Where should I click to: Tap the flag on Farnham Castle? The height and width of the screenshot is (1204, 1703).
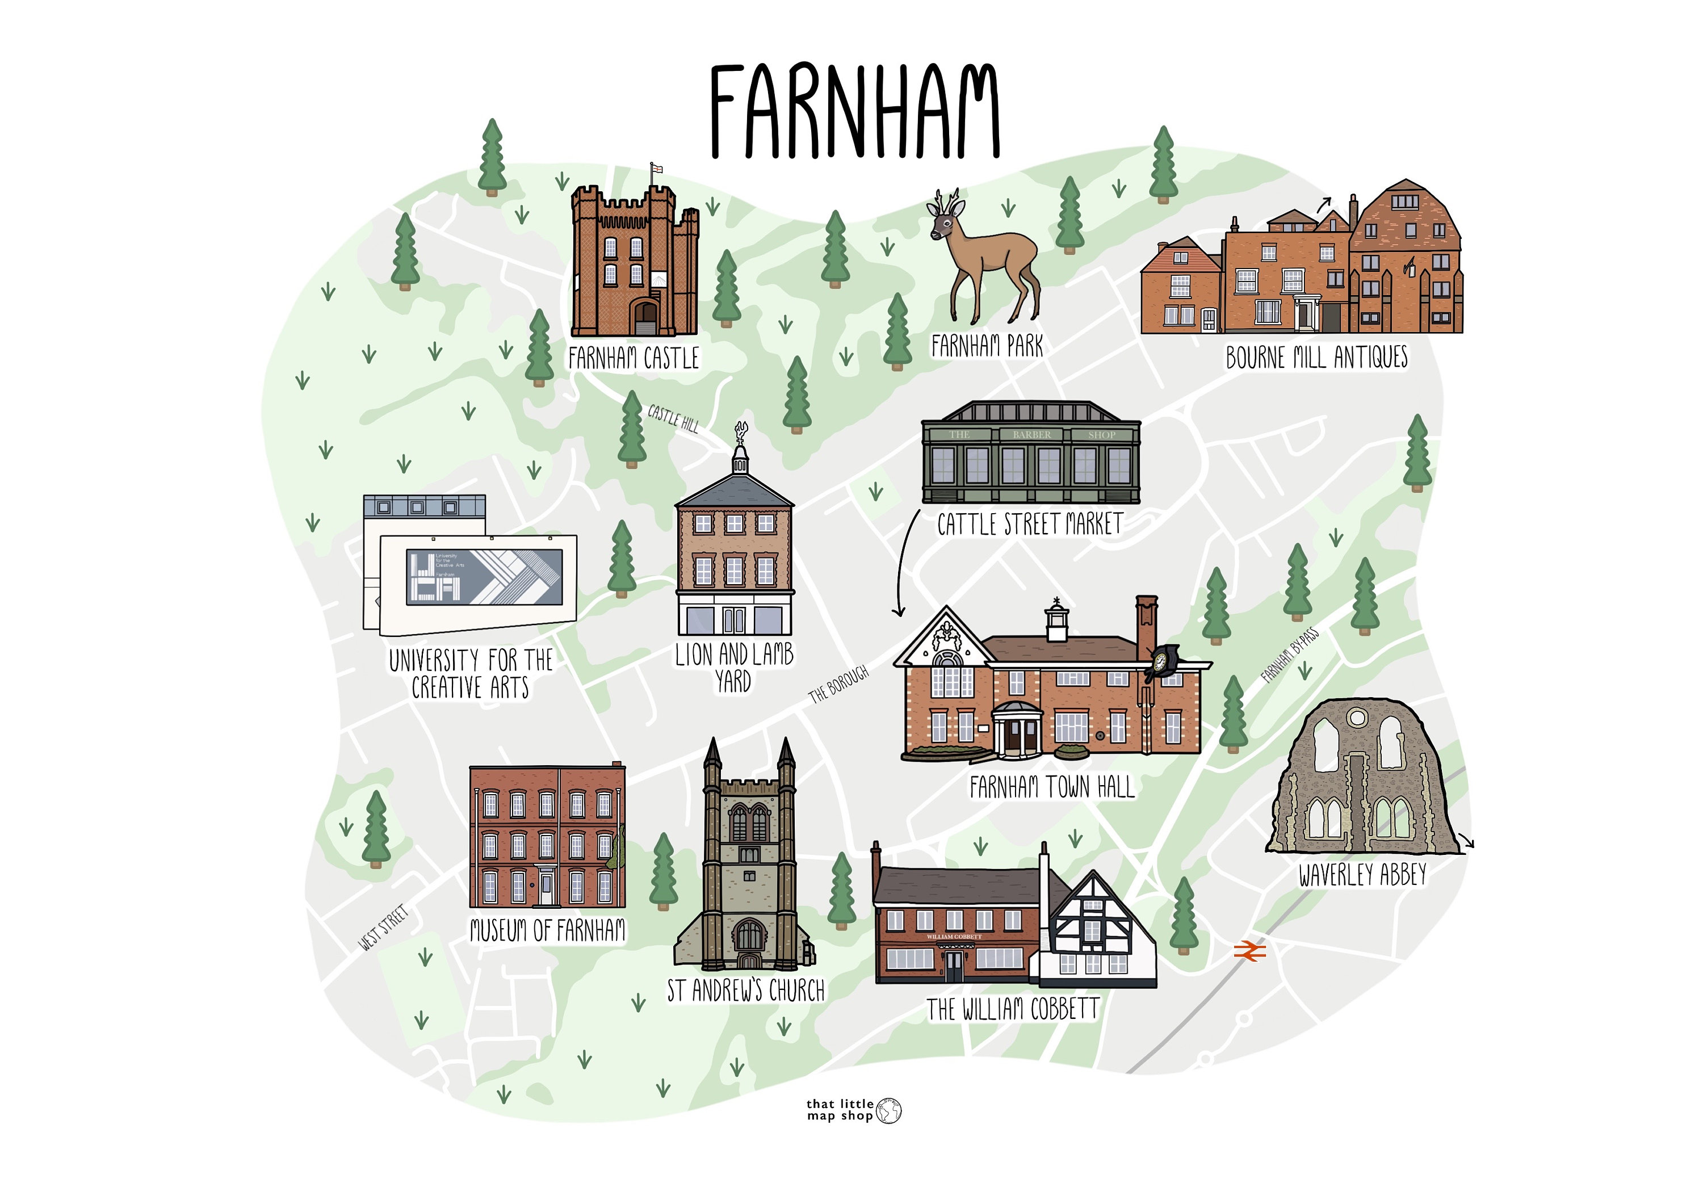tap(656, 170)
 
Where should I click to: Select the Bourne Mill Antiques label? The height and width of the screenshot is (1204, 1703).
tap(1316, 358)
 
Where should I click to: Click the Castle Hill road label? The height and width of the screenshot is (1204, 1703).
tap(673, 418)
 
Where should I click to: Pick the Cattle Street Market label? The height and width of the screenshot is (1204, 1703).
tap(1030, 525)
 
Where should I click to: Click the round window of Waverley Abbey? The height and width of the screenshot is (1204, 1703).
tap(1357, 718)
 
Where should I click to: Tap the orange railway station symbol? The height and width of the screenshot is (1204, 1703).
tap(1250, 951)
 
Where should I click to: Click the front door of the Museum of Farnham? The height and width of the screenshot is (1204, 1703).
tap(547, 889)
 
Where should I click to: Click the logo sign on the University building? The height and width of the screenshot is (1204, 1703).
tap(484, 576)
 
